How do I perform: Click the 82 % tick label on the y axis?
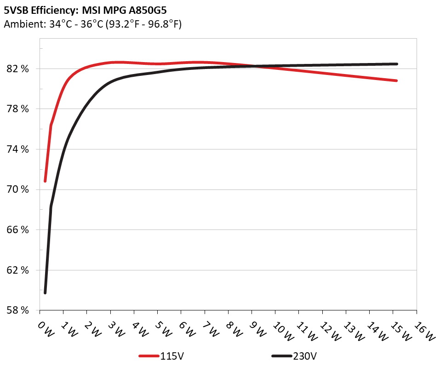coord(19,69)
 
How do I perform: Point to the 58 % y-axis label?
coord(19,310)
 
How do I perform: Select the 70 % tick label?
coord(19,189)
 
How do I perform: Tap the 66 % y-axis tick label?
coord(19,230)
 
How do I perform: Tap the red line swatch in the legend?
coord(149,356)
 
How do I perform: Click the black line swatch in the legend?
coord(282,356)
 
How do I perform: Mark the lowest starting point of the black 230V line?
coord(45,292)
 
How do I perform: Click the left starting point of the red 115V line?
coord(45,181)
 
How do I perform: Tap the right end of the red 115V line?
coord(396,80)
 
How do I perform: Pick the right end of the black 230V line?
coord(396,64)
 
